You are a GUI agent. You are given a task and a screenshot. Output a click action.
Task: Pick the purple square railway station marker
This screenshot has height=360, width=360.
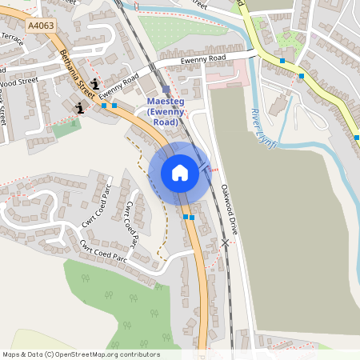166,90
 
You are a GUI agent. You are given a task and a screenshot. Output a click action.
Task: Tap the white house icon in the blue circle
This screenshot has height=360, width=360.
179,172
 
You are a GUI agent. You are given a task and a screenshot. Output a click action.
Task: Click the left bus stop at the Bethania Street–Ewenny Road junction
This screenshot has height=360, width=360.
104,105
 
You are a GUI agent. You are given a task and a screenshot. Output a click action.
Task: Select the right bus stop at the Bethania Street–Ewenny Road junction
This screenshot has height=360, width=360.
114,105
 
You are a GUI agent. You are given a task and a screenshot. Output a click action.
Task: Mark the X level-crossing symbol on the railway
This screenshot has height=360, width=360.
226,242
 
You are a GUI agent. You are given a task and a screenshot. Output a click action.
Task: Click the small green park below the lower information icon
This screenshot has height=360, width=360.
66,128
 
